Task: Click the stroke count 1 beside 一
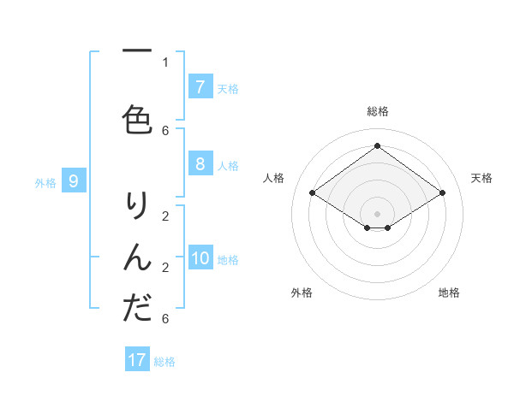[x=165, y=62]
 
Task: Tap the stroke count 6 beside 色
[x=165, y=130]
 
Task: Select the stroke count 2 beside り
[x=165, y=216]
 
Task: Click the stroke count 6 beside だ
[x=165, y=319]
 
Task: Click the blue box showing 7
[x=200, y=87]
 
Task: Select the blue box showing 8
[x=200, y=164]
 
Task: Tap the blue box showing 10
[x=200, y=258]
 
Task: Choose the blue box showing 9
[x=74, y=181]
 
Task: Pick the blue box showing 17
[x=137, y=360]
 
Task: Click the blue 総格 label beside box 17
[x=164, y=362]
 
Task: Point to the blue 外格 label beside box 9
[x=45, y=182]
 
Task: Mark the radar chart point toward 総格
[x=377, y=145]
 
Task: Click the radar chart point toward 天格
[x=442, y=193]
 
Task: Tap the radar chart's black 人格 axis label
[x=274, y=178]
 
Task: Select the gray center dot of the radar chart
[x=377, y=214]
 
